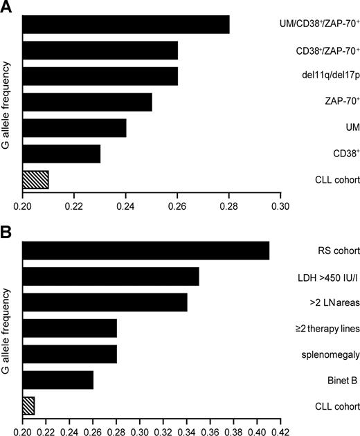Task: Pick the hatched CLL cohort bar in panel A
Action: (35, 179)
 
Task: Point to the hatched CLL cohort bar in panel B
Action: (28, 405)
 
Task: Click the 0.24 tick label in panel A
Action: (126, 206)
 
